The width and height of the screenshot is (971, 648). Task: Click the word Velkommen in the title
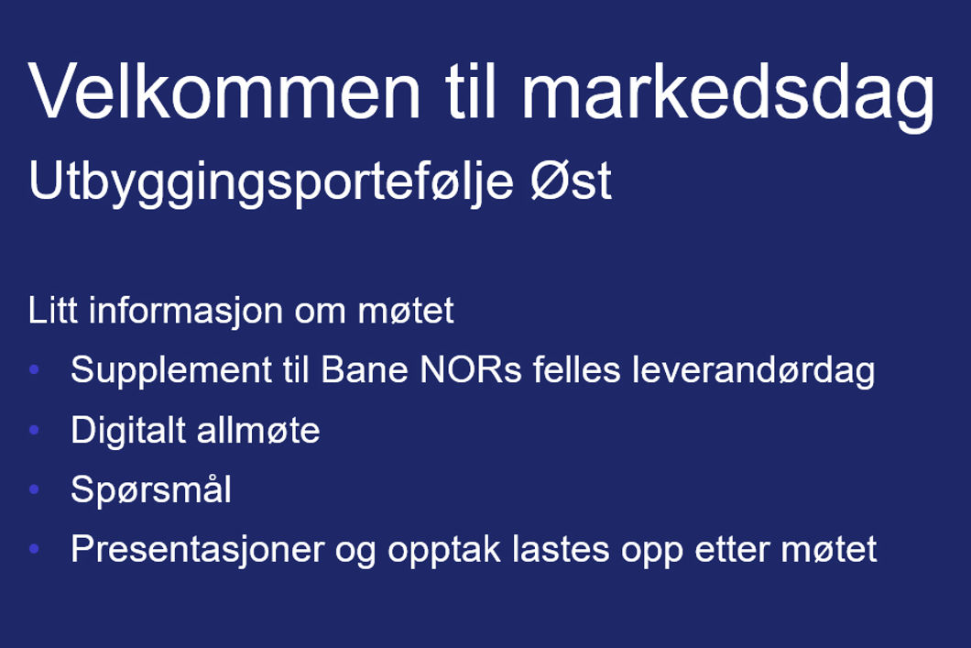(224, 91)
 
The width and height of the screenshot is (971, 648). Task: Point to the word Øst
(571, 181)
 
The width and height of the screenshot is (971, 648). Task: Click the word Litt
(52, 310)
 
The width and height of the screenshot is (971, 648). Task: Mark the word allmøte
(258, 430)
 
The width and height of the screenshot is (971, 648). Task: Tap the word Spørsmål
(151, 490)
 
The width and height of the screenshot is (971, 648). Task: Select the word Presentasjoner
(198, 550)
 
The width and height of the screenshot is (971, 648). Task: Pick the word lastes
(561, 549)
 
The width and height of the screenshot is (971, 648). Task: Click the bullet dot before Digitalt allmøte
(34, 429)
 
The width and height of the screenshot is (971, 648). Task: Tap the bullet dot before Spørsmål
(34, 489)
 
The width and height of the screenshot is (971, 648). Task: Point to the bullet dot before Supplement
(34, 370)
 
